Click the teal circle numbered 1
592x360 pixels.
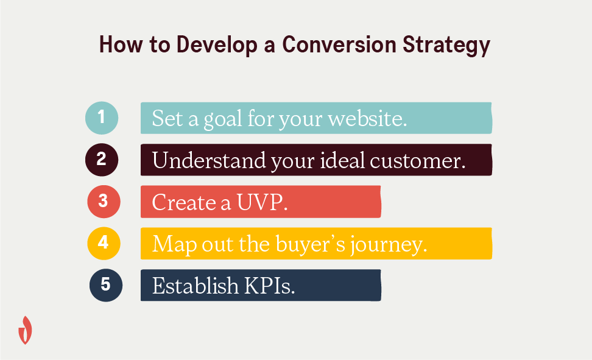(102, 118)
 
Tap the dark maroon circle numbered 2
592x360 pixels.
(102, 160)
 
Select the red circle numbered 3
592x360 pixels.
(104, 202)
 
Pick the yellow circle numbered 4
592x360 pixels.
(104, 243)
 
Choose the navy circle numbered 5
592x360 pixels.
(106, 285)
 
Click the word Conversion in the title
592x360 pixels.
(339, 44)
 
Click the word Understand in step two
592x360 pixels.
(209, 160)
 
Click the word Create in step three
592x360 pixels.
(183, 202)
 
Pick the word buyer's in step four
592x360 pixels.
(311, 245)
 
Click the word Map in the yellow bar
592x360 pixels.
(174, 245)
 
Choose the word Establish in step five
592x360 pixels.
(195, 286)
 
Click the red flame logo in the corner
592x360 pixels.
(26, 330)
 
